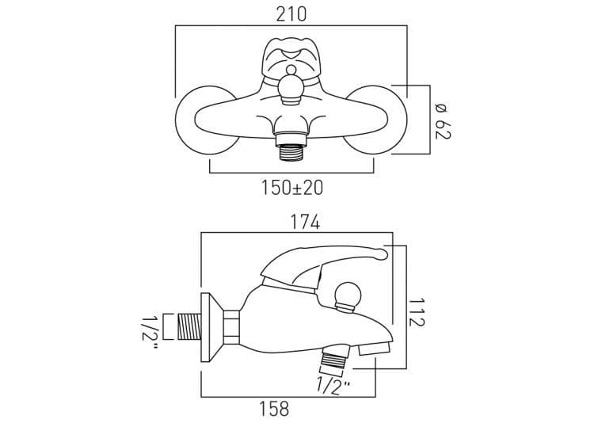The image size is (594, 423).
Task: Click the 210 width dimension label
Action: pyautogui.click(x=291, y=15)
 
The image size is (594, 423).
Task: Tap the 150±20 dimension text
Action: pyautogui.click(x=292, y=188)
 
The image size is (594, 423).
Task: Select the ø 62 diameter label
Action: pyautogui.click(x=442, y=121)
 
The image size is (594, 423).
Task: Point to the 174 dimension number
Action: pyautogui.click(x=305, y=223)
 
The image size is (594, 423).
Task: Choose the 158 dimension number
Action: pyautogui.click(x=274, y=409)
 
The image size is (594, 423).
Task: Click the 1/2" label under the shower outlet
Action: pyautogui.click(x=333, y=387)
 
